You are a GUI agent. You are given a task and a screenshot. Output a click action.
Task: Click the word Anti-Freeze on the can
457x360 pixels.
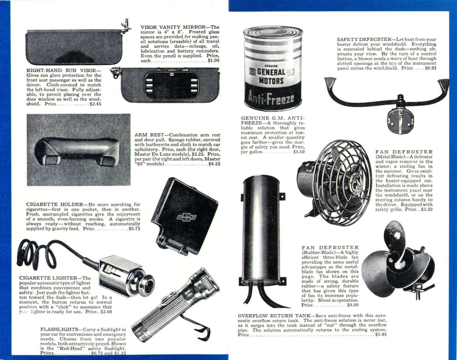(269, 99)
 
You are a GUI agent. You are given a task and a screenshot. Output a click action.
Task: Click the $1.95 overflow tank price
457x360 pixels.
(381, 334)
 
